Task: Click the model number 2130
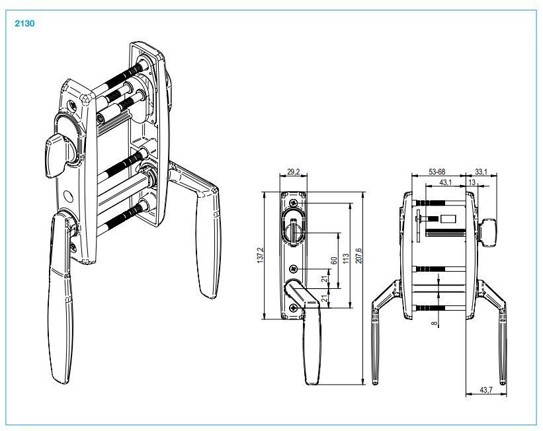pyautogui.click(x=24, y=24)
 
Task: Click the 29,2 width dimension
pyautogui.click(x=294, y=172)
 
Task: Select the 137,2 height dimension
pyautogui.click(x=261, y=255)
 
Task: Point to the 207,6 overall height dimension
pyautogui.click(x=358, y=255)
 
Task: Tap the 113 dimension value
pyautogui.click(x=346, y=258)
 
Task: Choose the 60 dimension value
pyautogui.click(x=334, y=260)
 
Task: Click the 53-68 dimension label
pyautogui.click(x=437, y=172)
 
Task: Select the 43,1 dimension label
pyautogui.click(x=445, y=182)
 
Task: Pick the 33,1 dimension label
pyautogui.click(x=481, y=172)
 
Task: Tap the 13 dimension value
pyautogui.click(x=472, y=182)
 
